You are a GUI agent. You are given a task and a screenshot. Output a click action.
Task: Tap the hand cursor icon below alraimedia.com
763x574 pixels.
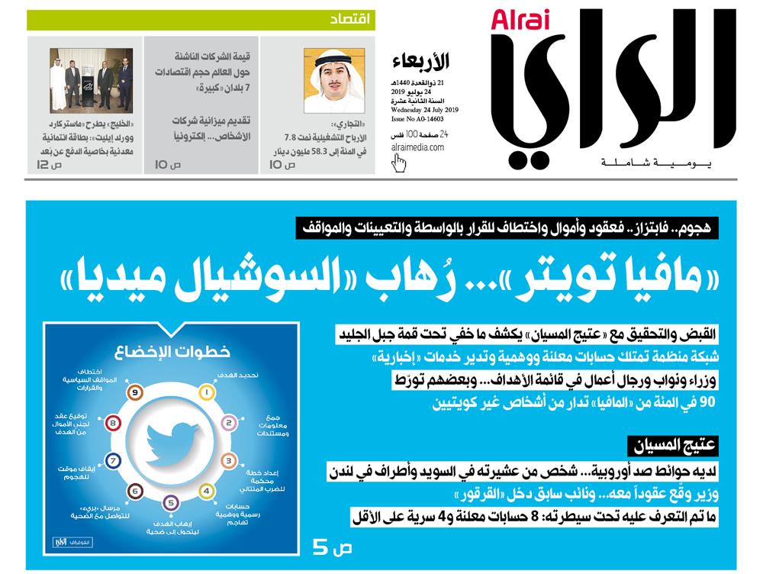398,162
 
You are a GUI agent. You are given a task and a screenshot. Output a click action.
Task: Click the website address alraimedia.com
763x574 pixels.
418,147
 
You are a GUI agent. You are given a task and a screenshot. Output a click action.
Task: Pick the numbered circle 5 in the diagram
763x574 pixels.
172,502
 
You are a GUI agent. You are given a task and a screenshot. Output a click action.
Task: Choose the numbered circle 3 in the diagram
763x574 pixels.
228,461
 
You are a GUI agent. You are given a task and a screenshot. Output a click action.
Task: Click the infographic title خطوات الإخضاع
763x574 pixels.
172,353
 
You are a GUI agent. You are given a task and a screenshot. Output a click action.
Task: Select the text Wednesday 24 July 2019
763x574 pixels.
419,109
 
